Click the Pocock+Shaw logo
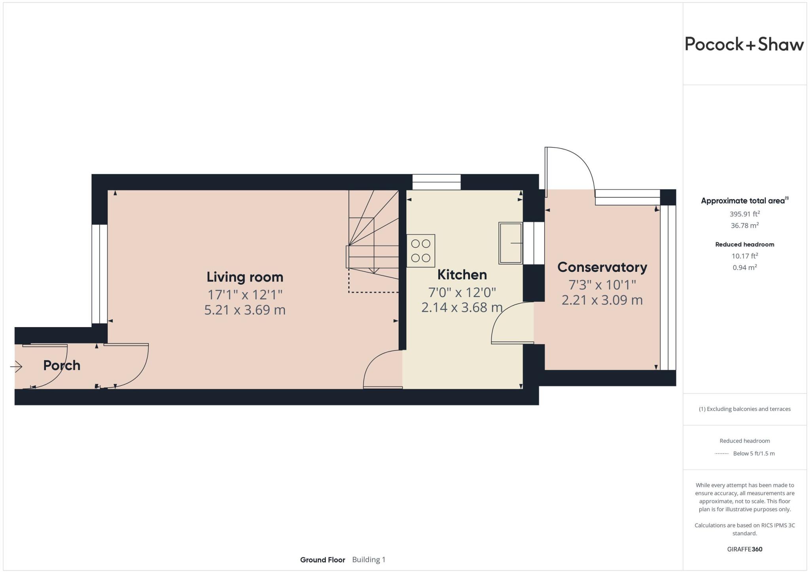[x=744, y=44]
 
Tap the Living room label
[x=245, y=277]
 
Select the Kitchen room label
[x=462, y=275]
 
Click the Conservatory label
[x=602, y=267]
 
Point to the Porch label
[x=62, y=365]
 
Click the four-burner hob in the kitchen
[x=420, y=251]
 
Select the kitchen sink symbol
[x=510, y=243]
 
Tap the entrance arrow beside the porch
[x=16, y=367]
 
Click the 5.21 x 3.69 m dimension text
[x=245, y=310]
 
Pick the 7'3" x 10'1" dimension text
[x=602, y=285]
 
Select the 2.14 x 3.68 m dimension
[x=462, y=307]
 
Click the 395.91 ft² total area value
[x=744, y=214]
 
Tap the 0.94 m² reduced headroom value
[x=744, y=267]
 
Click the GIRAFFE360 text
[x=744, y=549]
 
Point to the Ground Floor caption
[x=322, y=560]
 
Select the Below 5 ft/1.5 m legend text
[x=753, y=453]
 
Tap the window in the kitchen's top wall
[x=436, y=182]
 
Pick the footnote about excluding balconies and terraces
[x=744, y=409]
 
